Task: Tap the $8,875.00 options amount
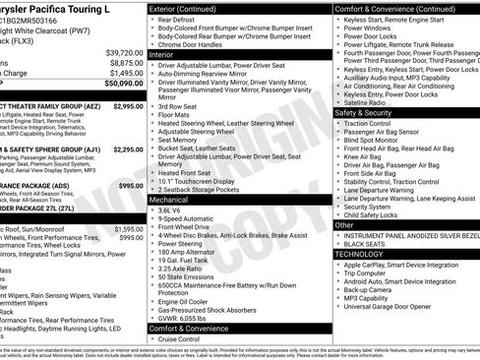click(x=125, y=63)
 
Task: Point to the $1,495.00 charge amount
click(x=125, y=73)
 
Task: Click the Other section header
click(x=344, y=224)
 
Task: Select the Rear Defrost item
click(x=177, y=19)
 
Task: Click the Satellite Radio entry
click(x=367, y=102)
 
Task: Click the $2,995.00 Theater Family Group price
click(x=126, y=105)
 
